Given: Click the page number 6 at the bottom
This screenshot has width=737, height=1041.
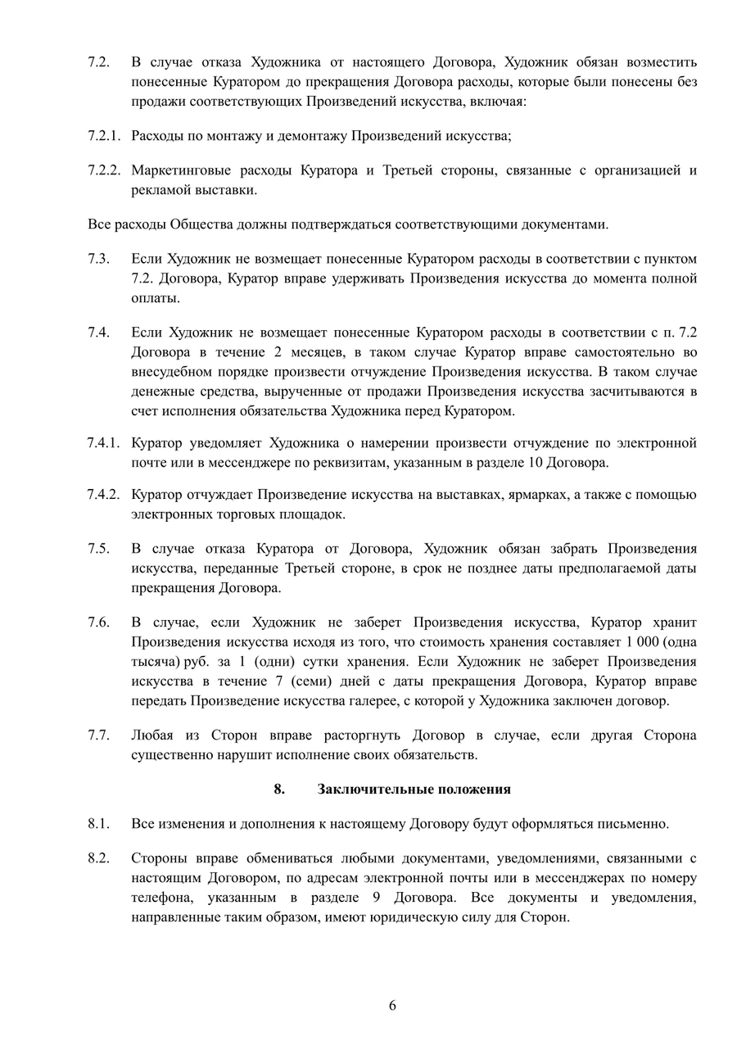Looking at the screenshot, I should (x=392, y=1006).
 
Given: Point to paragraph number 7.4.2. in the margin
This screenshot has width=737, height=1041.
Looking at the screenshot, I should (x=104, y=495).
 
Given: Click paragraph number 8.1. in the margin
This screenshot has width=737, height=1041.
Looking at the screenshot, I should (x=99, y=823).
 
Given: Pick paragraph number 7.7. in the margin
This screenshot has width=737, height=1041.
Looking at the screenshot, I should (x=99, y=735).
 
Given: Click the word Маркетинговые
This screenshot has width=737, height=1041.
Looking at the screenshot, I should (x=181, y=170).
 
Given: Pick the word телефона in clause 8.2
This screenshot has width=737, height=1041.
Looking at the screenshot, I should (x=160, y=898).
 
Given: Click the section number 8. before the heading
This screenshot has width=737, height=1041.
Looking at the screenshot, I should (x=279, y=789).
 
